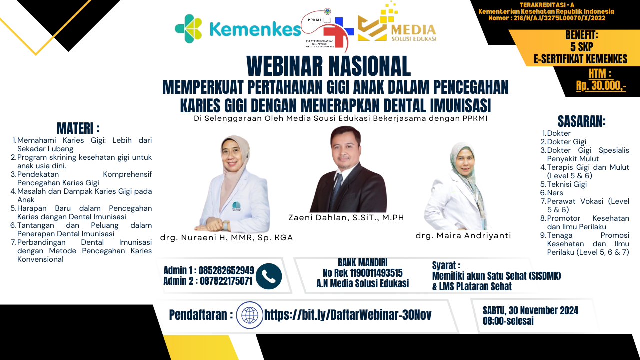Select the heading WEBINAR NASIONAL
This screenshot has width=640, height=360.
click(328, 66)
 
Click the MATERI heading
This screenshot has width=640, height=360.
click(78, 128)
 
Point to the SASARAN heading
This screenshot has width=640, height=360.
click(581, 121)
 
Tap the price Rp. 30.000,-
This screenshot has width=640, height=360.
click(600, 85)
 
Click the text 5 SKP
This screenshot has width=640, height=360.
click(581, 47)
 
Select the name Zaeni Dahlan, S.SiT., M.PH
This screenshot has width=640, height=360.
click(346, 217)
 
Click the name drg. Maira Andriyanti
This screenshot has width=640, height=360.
click(463, 235)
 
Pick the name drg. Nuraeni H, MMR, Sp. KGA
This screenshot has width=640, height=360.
click(226, 238)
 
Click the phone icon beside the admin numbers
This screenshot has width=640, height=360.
click(269, 276)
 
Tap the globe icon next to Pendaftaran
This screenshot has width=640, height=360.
click(249, 315)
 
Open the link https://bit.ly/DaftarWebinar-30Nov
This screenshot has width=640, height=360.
click(348, 315)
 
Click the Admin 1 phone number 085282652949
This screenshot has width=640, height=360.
click(226, 270)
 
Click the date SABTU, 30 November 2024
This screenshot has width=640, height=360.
click(530, 310)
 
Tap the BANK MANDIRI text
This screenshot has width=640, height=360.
click(362, 263)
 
